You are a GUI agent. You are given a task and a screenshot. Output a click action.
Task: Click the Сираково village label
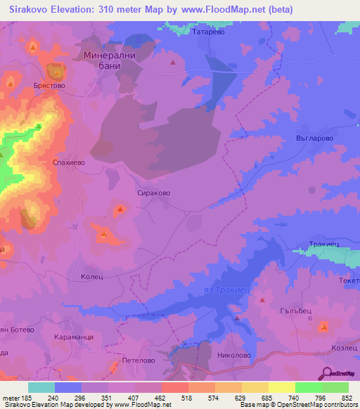coord(153,192)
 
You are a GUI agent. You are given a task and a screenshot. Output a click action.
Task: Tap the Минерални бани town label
coord(108,60)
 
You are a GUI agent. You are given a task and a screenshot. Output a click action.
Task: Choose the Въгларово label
coord(310,139)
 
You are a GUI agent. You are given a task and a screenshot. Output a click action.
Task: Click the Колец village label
coord(92,277)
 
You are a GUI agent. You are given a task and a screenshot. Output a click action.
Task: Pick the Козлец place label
coord(345,349)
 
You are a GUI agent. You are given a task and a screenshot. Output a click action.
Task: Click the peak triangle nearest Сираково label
coord(121,209)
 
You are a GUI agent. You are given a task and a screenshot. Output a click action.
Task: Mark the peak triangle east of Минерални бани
coord(172,63)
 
